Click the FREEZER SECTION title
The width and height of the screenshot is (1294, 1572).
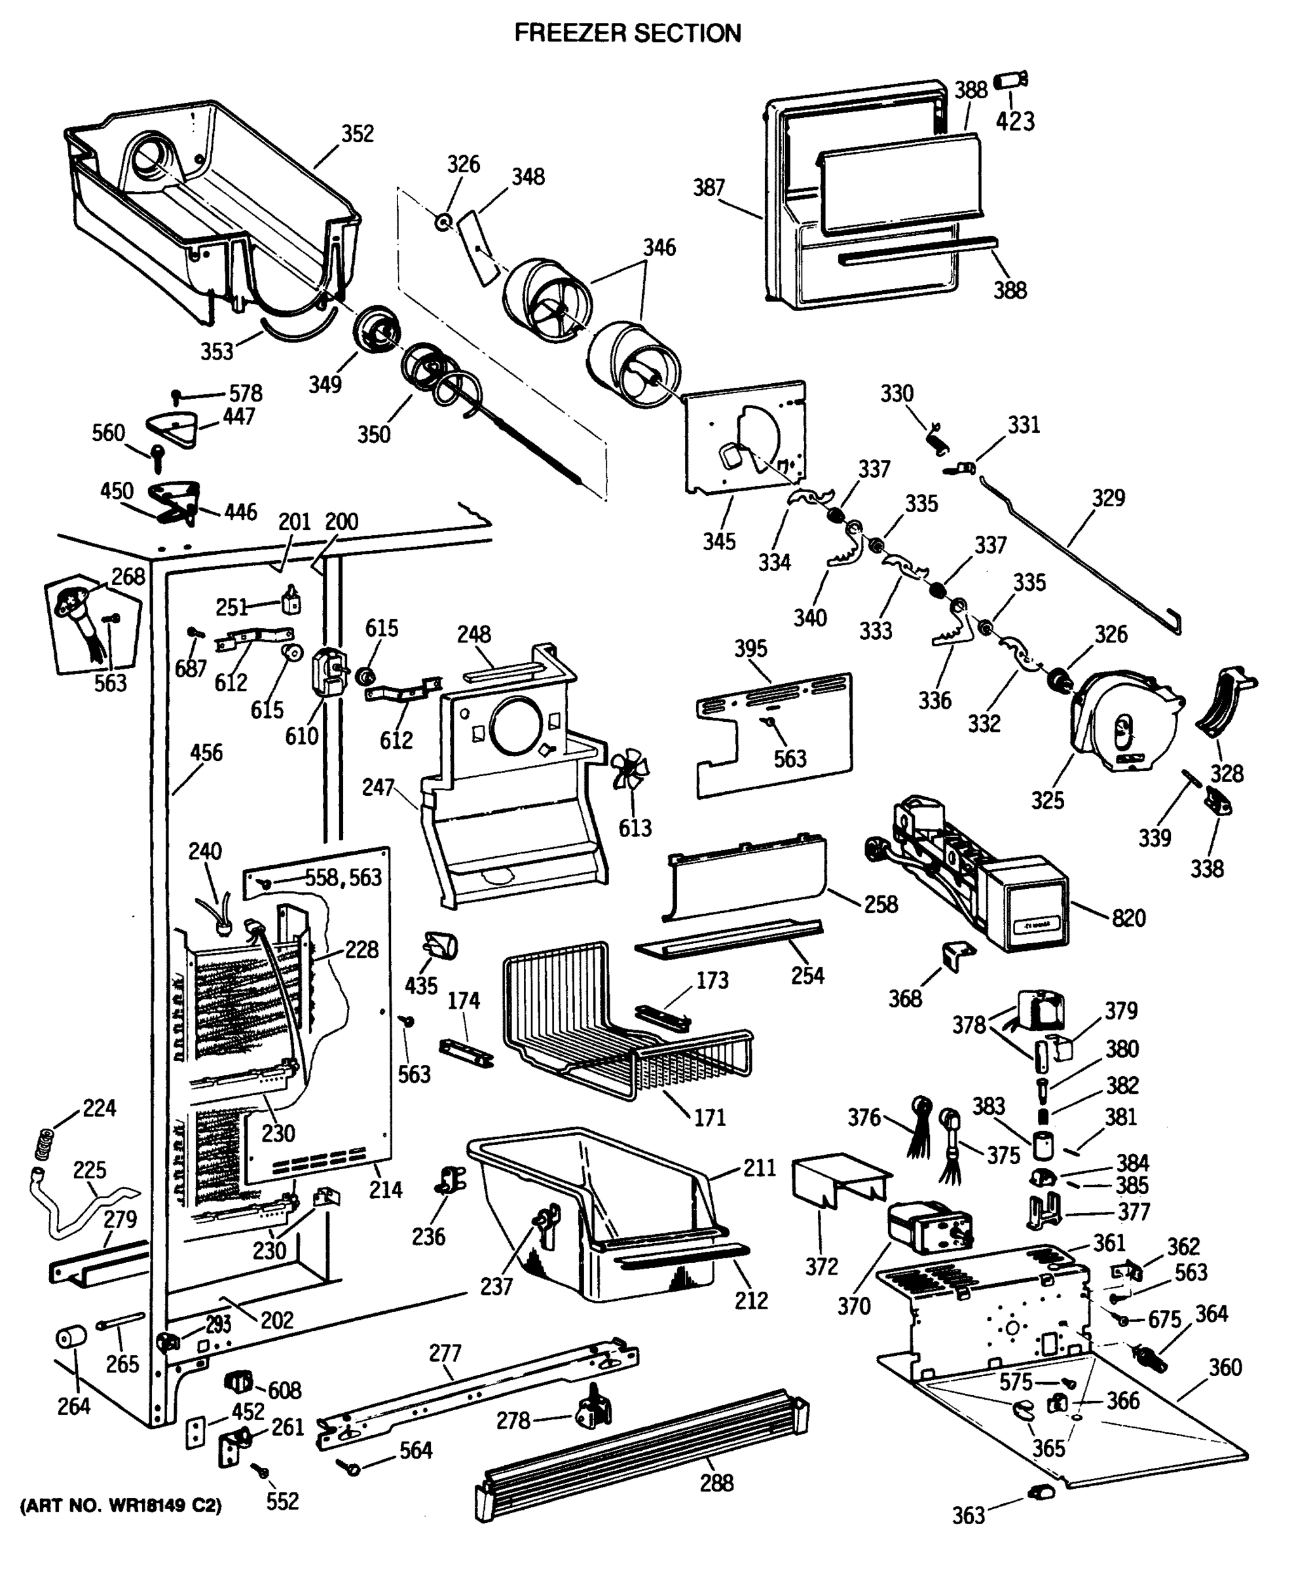pyautogui.click(x=627, y=33)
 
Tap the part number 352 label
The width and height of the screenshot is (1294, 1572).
pyautogui.click(x=357, y=134)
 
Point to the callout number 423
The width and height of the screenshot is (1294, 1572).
pyautogui.click(x=1015, y=121)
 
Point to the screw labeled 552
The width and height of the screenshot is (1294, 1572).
pyautogui.click(x=261, y=1470)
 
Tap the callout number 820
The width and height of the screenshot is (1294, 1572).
pyautogui.click(x=1128, y=918)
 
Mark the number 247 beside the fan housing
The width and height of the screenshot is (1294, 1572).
pyautogui.click(x=378, y=787)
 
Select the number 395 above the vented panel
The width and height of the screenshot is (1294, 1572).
pyautogui.click(x=750, y=648)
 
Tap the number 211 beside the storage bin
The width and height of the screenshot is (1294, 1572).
pyautogui.click(x=760, y=1167)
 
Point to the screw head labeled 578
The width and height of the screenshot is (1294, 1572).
pyautogui.click(x=177, y=394)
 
